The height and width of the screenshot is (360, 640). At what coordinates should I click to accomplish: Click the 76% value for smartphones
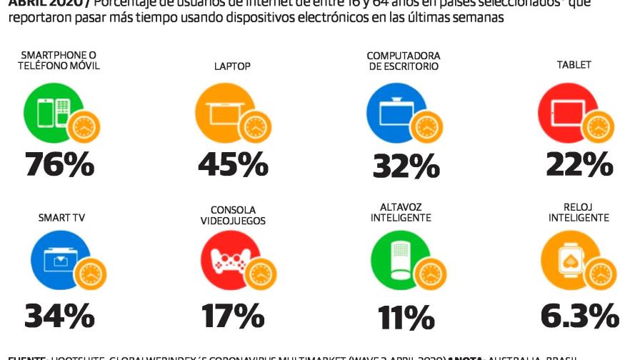(x=60, y=164)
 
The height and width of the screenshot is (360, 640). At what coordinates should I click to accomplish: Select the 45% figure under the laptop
(x=233, y=164)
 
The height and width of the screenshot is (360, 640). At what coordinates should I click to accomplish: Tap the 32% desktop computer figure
(x=405, y=166)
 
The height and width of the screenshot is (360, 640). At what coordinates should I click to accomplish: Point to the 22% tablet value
(x=579, y=164)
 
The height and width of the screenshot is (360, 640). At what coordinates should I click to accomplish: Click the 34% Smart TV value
(x=60, y=315)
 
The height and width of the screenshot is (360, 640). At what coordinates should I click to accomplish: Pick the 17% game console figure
(x=233, y=315)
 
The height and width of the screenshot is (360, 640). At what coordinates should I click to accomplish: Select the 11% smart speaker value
(x=405, y=316)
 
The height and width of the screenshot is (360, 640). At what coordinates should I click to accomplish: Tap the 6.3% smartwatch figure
(x=579, y=315)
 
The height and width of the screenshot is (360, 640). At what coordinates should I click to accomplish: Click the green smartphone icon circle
(x=51, y=111)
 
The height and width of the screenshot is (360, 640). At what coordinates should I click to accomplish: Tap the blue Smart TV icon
(x=59, y=260)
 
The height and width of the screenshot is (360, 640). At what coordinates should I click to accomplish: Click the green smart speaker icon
(x=399, y=260)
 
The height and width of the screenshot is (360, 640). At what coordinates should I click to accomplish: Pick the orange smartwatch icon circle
(x=569, y=260)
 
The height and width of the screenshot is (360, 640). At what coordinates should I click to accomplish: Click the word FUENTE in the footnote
(x=27, y=356)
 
